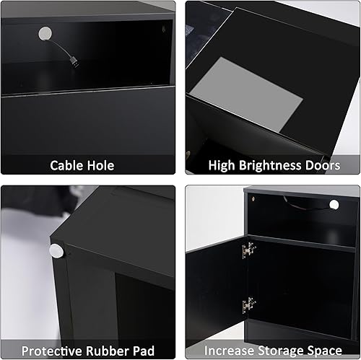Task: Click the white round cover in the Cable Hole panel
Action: click(x=45, y=33)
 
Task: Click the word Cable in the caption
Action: click(x=66, y=165)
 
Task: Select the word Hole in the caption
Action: click(x=101, y=165)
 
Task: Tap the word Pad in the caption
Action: click(x=144, y=351)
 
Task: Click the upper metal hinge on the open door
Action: click(x=249, y=251)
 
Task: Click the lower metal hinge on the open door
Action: click(x=249, y=304)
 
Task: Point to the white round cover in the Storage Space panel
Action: click(x=334, y=206)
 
